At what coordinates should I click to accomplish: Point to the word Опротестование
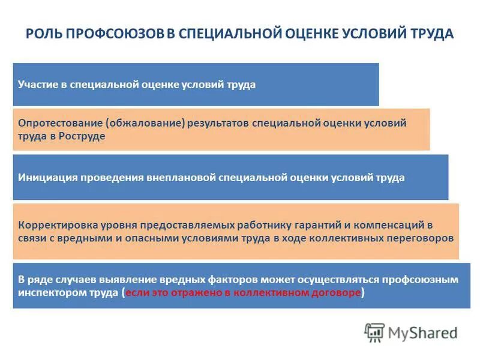[61, 123]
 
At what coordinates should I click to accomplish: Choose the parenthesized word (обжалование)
[145, 123]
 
